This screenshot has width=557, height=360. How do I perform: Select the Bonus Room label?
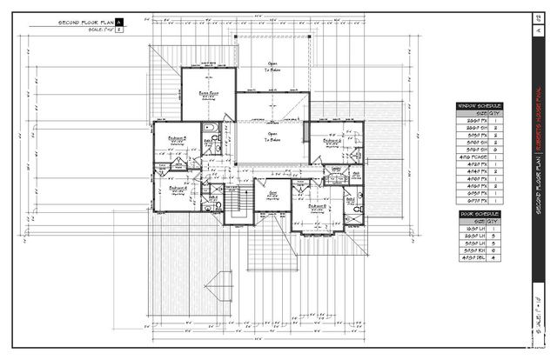pos(207,92)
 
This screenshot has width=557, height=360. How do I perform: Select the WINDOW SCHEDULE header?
pos(480,105)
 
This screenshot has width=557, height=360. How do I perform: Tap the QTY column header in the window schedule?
pos(494,113)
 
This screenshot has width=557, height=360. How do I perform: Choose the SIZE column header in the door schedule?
pos(475,221)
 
